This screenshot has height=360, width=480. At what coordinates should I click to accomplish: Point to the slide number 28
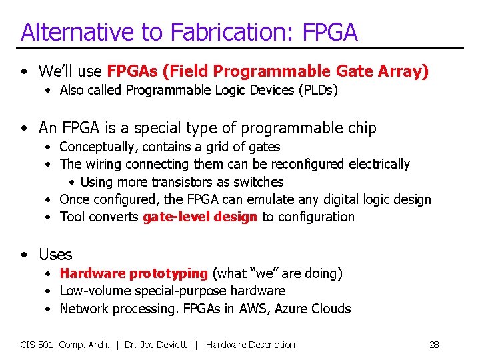pos(434,345)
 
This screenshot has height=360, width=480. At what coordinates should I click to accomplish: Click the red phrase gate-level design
pos(199,217)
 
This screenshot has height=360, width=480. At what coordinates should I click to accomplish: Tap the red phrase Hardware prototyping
pos(133,273)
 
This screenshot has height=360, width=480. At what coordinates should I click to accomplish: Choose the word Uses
pos(55,255)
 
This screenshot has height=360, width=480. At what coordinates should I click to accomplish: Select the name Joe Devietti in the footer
pos(167,345)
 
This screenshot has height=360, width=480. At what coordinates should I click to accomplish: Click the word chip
pos(363,128)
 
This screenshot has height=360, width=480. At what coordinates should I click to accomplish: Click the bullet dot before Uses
pos(25,255)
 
